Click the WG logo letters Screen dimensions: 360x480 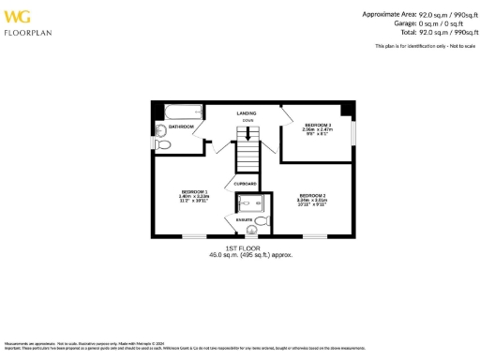click(x=18, y=16)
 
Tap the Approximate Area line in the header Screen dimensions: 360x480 click(x=417, y=14)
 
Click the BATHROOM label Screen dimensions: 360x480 click(x=181, y=126)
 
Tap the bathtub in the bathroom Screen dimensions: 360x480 click(x=178, y=109)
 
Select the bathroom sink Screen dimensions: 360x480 click(x=160, y=130)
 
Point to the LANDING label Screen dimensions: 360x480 click(x=247, y=112)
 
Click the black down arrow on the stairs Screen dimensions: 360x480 click(x=247, y=135)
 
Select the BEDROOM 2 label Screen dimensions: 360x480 click(x=311, y=195)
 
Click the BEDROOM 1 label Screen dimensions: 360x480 click(x=194, y=191)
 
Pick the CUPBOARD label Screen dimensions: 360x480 click(x=246, y=184)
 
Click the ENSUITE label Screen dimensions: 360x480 click(x=243, y=219)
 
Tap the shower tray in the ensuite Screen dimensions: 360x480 click(x=249, y=203)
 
